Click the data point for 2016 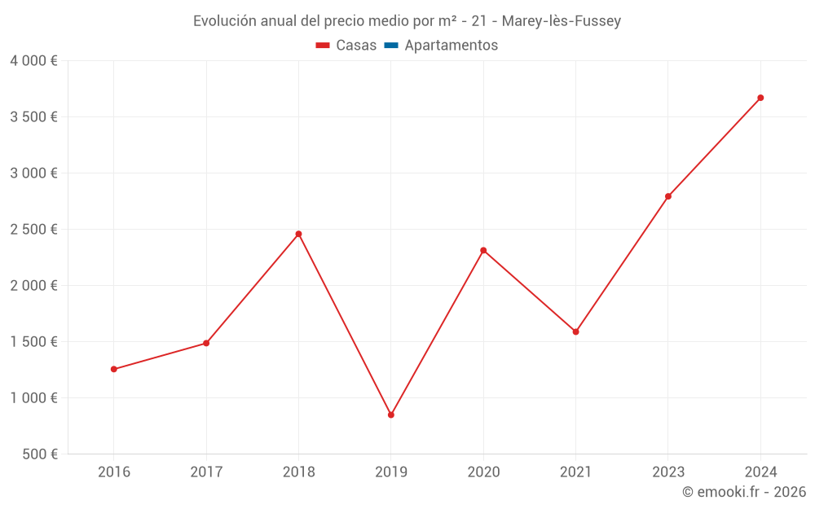pos(113,369)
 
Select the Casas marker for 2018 pos(298,234)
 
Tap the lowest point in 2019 pos(391,415)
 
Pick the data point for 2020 pos(483,250)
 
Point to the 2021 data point pos(575,331)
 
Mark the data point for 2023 pos(668,196)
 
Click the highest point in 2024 pos(760,98)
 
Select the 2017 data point pos(206,343)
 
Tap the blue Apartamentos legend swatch pos(391,46)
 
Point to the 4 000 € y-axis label pos(34,61)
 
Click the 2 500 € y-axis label pos(34,230)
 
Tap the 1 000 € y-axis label pos(34,398)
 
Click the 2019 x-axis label pos(391,472)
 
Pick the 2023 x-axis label pos(668,472)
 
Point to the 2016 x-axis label pos(113,472)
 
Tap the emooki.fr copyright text pos(744,492)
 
